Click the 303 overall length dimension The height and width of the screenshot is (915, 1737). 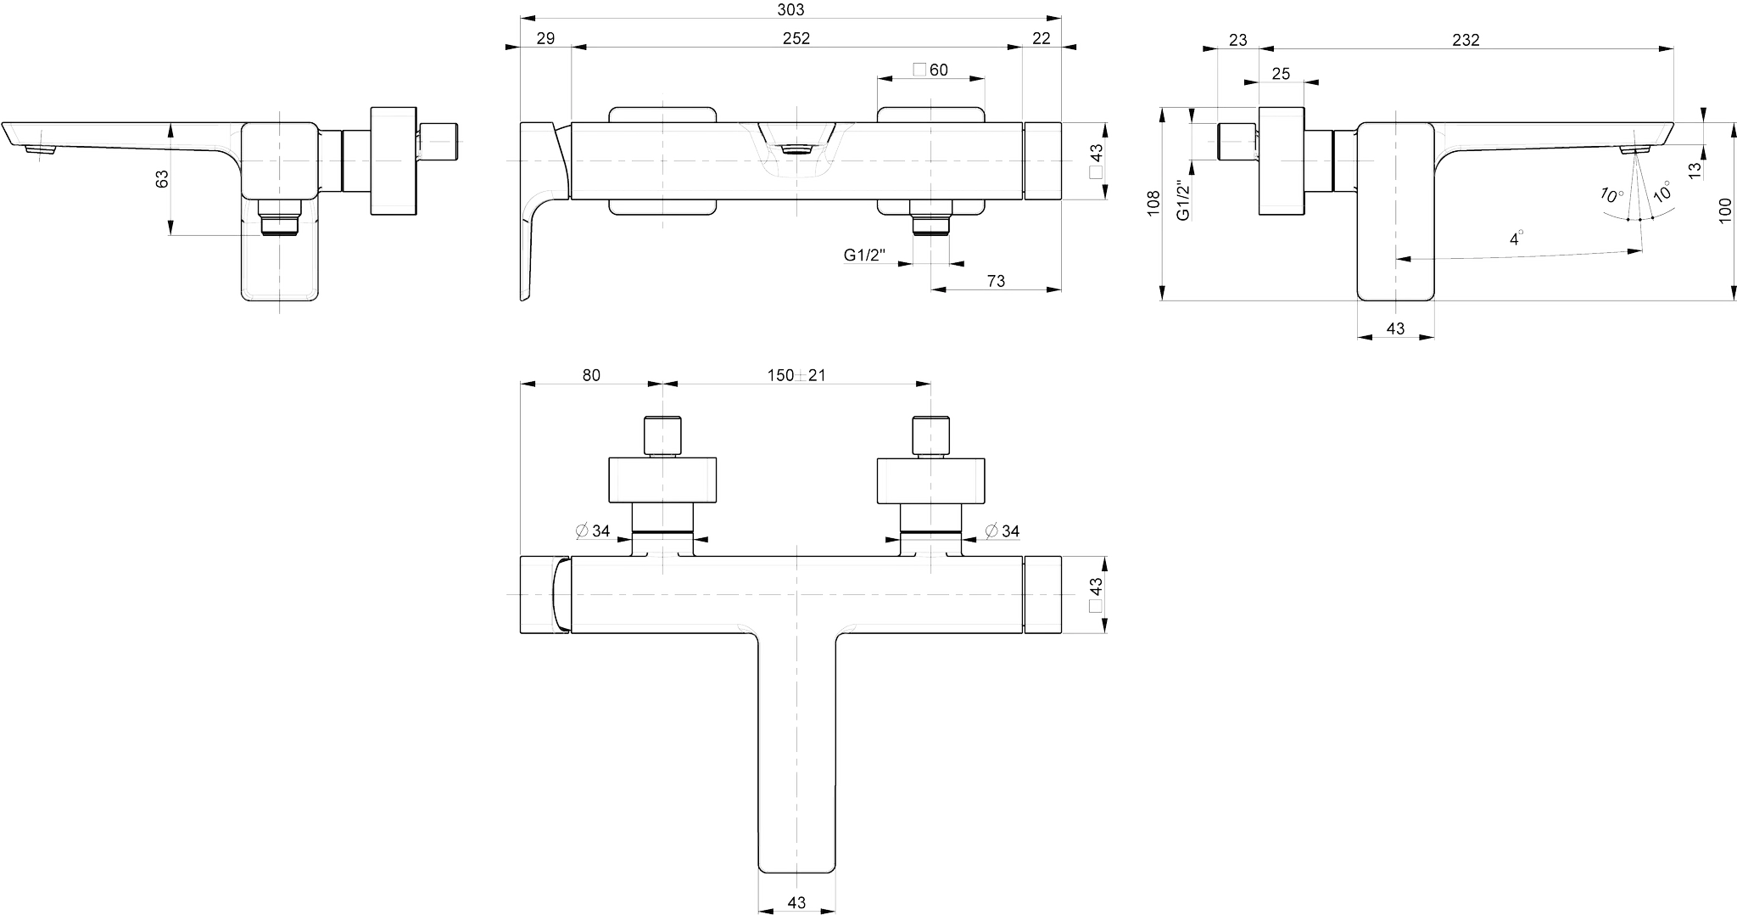[x=790, y=10]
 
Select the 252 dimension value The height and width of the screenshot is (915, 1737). [x=796, y=38]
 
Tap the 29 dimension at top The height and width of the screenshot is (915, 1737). [x=545, y=38]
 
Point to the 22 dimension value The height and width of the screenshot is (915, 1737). [x=1042, y=38]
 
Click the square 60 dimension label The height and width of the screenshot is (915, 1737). [x=930, y=70]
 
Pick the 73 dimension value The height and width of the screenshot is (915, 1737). [x=996, y=281]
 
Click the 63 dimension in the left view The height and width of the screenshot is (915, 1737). [x=162, y=178]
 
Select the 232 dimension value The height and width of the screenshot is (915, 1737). [x=1466, y=40]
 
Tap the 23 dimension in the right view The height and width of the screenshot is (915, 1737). [x=1237, y=40]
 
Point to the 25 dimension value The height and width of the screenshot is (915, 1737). [x=1281, y=74]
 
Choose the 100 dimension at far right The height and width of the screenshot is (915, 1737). [x=1725, y=211]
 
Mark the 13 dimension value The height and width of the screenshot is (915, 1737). [x=1695, y=170]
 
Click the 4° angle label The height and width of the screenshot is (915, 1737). [x=1516, y=239]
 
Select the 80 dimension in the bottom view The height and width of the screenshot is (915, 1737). [x=591, y=375]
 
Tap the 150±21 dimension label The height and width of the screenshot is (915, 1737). [x=796, y=375]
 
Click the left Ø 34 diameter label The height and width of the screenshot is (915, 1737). [x=593, y=531]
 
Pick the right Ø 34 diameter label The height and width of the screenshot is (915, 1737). [x=1002, y=531]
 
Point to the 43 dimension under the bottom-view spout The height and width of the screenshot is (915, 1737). [x=796, y=903]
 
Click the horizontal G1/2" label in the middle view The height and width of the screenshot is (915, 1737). [x=864, y=255]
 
